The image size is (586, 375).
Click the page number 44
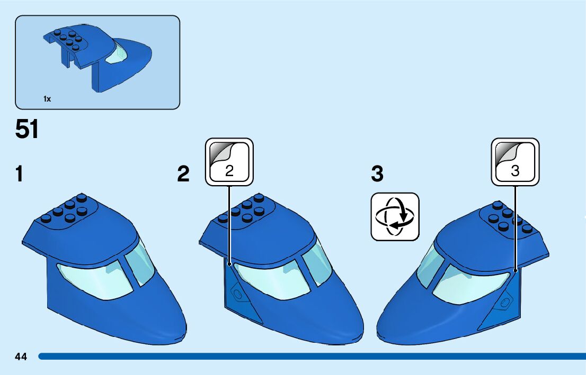pyautogui.click(x=21, y=356)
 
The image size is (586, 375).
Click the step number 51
pyautogui.click(x=27, y=130)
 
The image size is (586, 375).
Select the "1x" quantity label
pyautogui.click(x=47, y=99)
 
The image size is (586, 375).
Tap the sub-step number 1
pyautogui.click(x=20, y=174)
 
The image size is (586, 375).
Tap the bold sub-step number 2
pyautogui.click(x=183, y=174)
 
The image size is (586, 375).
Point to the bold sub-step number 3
pyautogui.click(x=377, y=173)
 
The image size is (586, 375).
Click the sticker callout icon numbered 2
pyautogui.click(x=229, y=162)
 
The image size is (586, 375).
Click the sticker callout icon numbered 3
pyautogui.click(x=515, y=162)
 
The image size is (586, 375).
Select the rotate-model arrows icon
pyautogui.click(x=395, y=217)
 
